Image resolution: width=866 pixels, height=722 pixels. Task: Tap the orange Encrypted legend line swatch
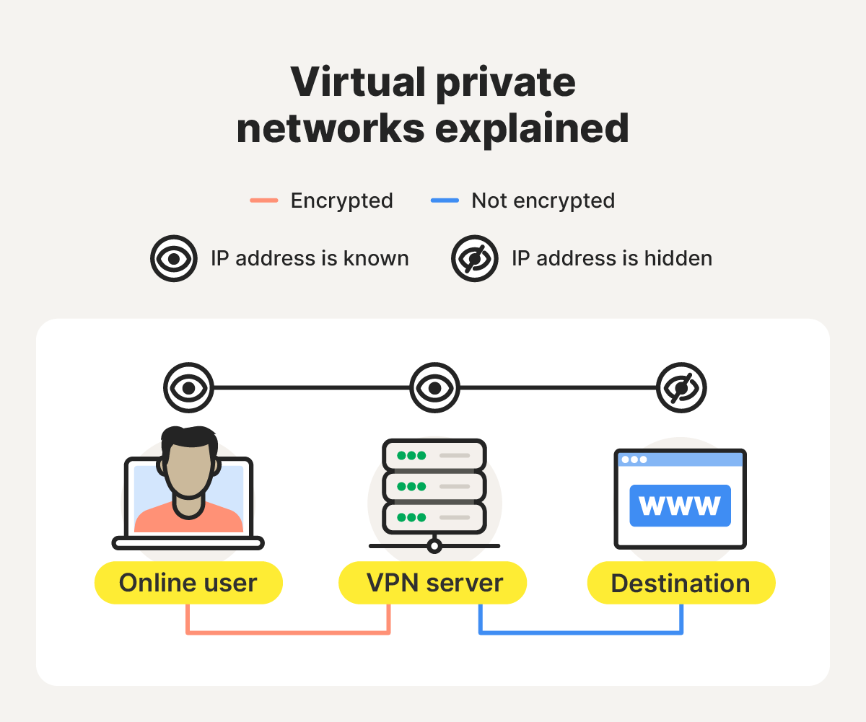point(264,201)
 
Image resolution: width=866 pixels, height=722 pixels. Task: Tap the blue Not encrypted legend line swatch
point(445,201)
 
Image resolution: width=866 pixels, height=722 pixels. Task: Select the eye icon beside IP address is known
point(173,258)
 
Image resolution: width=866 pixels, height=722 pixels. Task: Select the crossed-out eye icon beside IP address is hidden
point(474,258)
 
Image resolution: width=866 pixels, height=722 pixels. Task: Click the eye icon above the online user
point(188,388)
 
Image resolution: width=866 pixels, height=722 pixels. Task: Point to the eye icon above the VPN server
point(434,388)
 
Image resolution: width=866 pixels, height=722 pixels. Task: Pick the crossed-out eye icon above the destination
point(681,388)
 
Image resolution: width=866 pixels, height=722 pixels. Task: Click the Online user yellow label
point(188,583)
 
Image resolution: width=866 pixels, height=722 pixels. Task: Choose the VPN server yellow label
point(433,583)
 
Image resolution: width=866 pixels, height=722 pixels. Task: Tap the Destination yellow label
point(681,583)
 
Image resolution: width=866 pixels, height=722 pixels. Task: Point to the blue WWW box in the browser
point(680,506)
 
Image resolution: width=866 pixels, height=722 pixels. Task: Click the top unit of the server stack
point(434,455)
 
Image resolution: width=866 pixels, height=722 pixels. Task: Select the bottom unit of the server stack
point(434,517)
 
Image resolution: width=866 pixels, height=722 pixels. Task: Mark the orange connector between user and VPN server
point(288,633)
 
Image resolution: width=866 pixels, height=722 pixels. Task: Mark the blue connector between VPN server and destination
point(581,633)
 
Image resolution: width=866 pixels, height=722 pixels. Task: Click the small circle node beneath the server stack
point(434,545)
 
